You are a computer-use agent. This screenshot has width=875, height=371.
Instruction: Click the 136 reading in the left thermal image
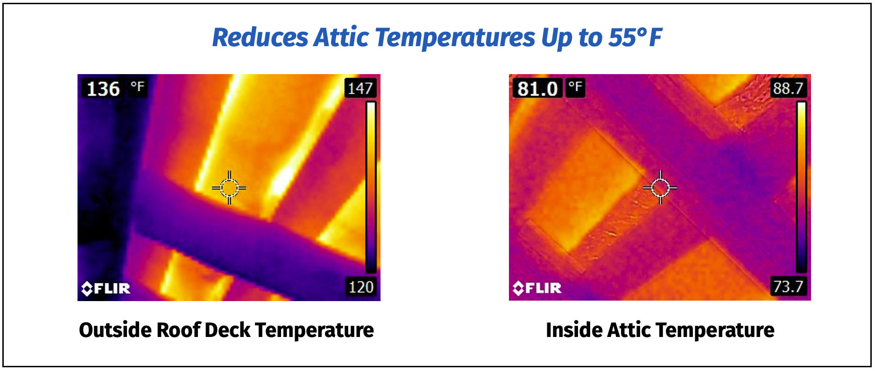click(x=103, y=89)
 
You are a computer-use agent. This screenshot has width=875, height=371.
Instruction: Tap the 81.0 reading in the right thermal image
click(x=537, y=88)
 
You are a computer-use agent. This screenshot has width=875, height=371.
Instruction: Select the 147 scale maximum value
click(x=360, y=88)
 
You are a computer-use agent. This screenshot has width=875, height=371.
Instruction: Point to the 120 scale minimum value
click(x=361, y=287)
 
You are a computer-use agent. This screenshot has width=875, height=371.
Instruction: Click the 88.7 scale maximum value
click(x=788, y=88)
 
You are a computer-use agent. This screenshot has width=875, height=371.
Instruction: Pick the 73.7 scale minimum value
click(x=788, y=286)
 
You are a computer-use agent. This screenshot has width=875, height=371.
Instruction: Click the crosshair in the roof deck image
click(x=229, y=188)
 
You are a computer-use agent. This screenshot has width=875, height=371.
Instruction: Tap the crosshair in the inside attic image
click(x=660, y=188)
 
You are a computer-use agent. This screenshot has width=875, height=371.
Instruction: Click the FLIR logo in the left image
click(x=106, y=289)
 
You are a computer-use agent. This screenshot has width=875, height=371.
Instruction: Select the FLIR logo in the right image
click(x=537, y=288)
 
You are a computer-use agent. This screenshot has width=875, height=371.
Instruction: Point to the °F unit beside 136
click(x=138, y=86)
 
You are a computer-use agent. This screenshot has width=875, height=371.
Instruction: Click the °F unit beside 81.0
click(x=575, y=86)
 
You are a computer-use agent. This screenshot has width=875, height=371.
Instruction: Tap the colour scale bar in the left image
click(x=371, y=187)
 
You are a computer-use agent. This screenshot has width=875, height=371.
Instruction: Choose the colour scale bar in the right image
click(x=801, y=187)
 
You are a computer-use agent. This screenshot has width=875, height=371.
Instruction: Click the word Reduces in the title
click(x=261, y=37)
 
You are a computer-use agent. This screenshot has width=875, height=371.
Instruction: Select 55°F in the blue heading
click(x=635, y=37)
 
